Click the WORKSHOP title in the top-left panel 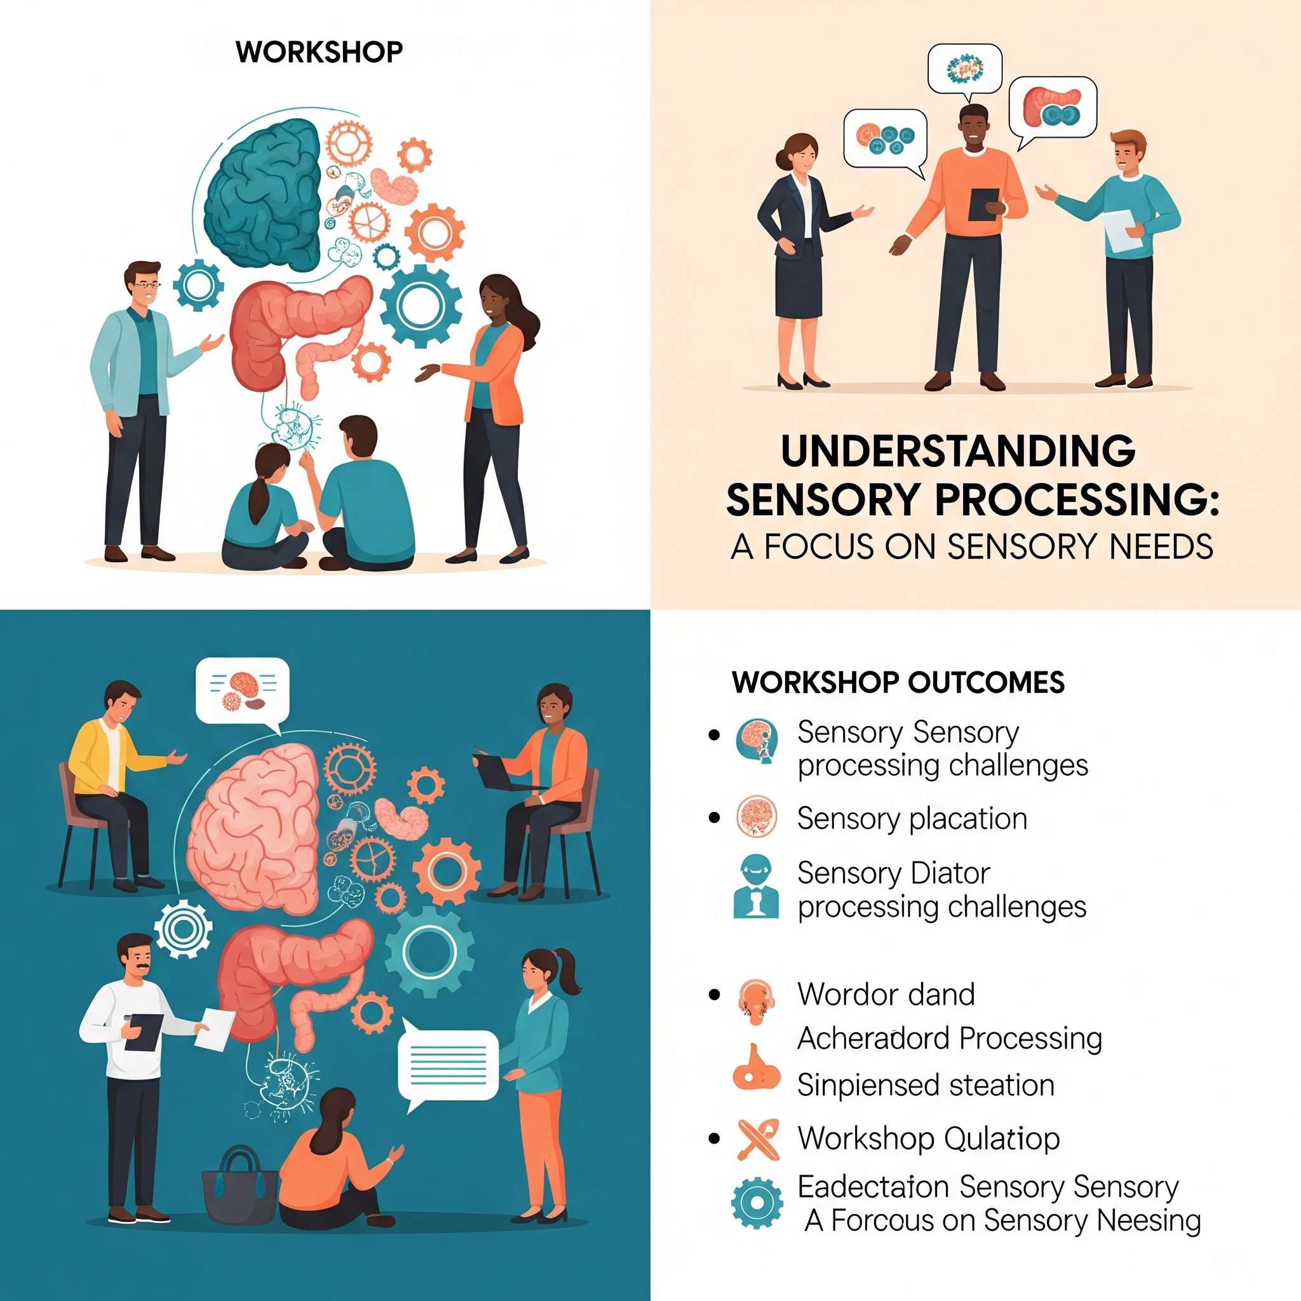click(319, 53)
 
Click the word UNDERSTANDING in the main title click(957, 451)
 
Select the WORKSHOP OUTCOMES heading click(898, 682)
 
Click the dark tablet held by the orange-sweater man click(984, 204)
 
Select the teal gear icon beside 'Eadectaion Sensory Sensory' click(757, 1203)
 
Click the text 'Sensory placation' click(912, 819)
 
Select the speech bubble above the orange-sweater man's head click(964, 69)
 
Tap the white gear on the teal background click(182, 929)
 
